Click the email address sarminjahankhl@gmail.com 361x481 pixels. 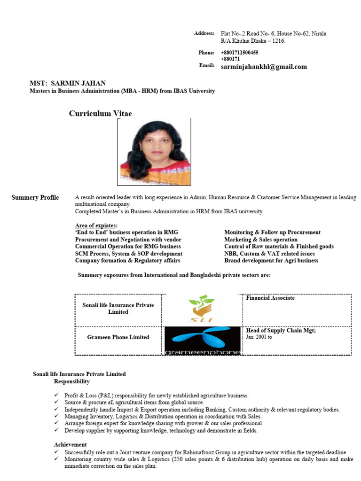point(264,67)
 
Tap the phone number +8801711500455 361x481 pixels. point(239,53)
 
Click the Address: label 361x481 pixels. point(204,33)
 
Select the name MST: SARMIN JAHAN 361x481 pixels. point(68,83)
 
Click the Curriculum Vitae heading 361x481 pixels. point(101,114)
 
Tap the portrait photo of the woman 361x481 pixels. point(155,152)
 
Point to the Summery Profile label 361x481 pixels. point(35,198)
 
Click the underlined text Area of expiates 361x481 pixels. point(96,225)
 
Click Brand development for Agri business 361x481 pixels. point(271,261)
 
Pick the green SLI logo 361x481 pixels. point(201,310)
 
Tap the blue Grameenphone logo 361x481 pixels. point(203,341)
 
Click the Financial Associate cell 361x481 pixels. point(270,298)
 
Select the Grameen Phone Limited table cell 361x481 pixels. point(118,337)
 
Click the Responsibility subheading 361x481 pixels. point(72,381)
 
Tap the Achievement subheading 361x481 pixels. point(71,444)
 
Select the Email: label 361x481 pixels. point(206,65)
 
